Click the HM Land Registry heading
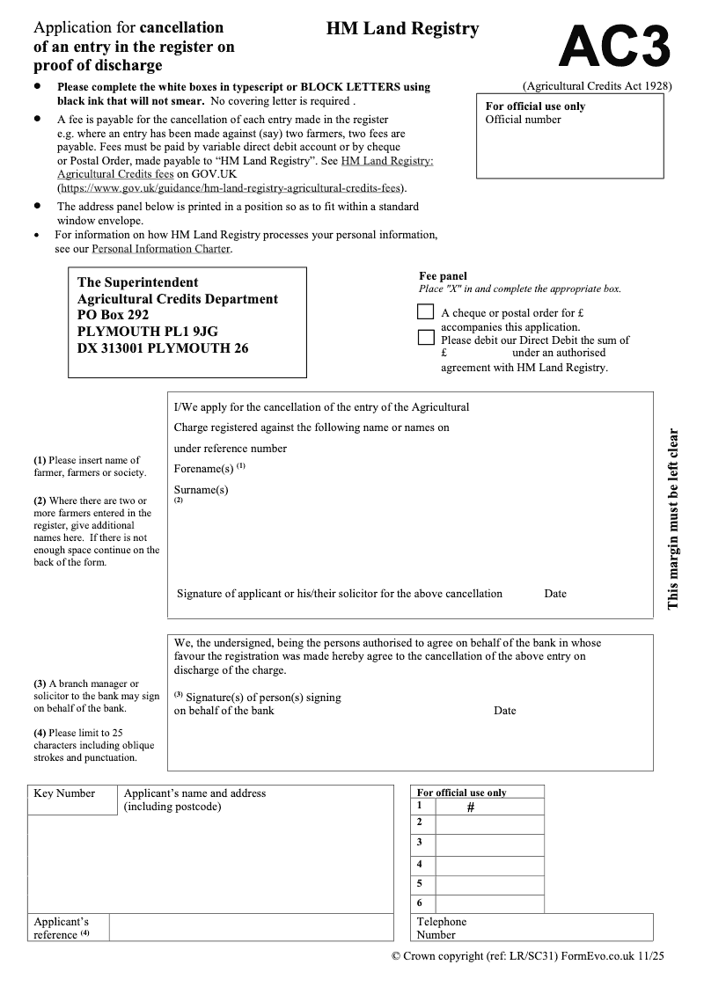402,29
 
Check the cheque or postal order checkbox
426,311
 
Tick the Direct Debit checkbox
426,337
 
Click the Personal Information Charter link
161,249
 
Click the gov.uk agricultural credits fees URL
231,187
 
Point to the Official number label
523,120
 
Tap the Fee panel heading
443,276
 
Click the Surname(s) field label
201,490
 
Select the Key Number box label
64,793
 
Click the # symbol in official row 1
471,806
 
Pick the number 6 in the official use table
420,903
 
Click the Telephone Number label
441,928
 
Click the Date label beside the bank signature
505,711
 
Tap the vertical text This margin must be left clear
673,519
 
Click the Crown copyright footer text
527,956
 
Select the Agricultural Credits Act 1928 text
597,86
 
